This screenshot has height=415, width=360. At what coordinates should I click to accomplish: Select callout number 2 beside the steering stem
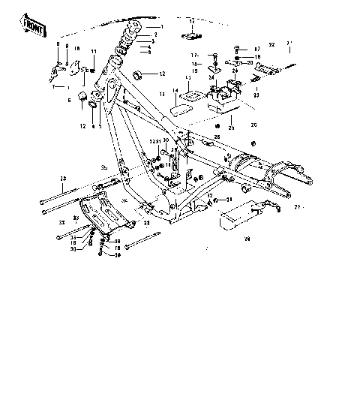click(155, 35)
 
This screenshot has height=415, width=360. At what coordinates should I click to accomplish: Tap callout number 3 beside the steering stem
click(153, 42)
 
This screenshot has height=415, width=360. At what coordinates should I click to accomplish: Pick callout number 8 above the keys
click(57, 46)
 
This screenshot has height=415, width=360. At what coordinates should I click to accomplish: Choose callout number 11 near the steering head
click(94, 50)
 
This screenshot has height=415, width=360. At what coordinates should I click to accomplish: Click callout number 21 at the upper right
click(290, 43)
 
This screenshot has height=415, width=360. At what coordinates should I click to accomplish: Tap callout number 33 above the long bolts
click(64, 178)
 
